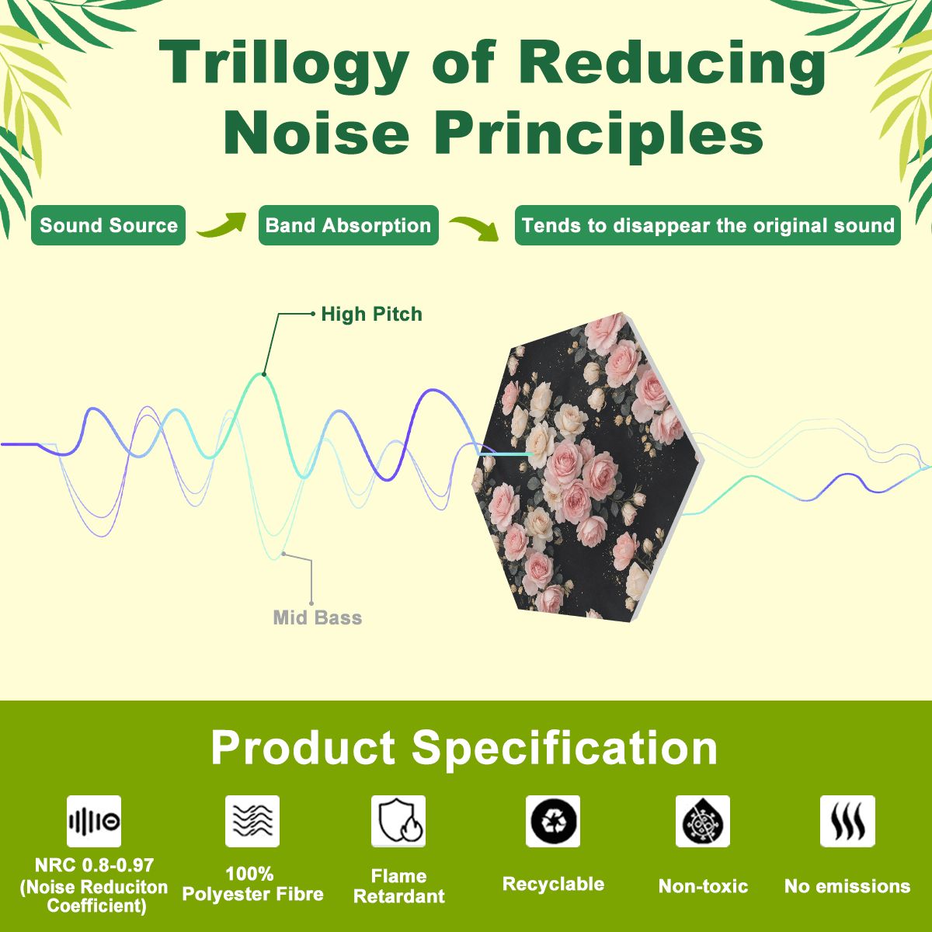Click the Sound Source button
click(108, 225)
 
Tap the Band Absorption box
click(349, 225)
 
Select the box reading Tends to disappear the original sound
click(708, 225)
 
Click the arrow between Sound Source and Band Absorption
click(221, 225)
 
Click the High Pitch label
click(371, 315)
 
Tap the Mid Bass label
click(318, 617)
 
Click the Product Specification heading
click(464, 748)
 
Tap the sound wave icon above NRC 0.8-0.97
click(94, 821)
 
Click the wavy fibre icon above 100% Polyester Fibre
click(252, 821)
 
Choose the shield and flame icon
click(398, 821)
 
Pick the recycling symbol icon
click(553, 821)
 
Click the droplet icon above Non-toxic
click(703, 821)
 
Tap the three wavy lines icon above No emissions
click(847, 821)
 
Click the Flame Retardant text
click(399, 886)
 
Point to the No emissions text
click(847, 886)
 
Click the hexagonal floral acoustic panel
click(588, 467)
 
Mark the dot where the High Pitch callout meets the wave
click(264, 374)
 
